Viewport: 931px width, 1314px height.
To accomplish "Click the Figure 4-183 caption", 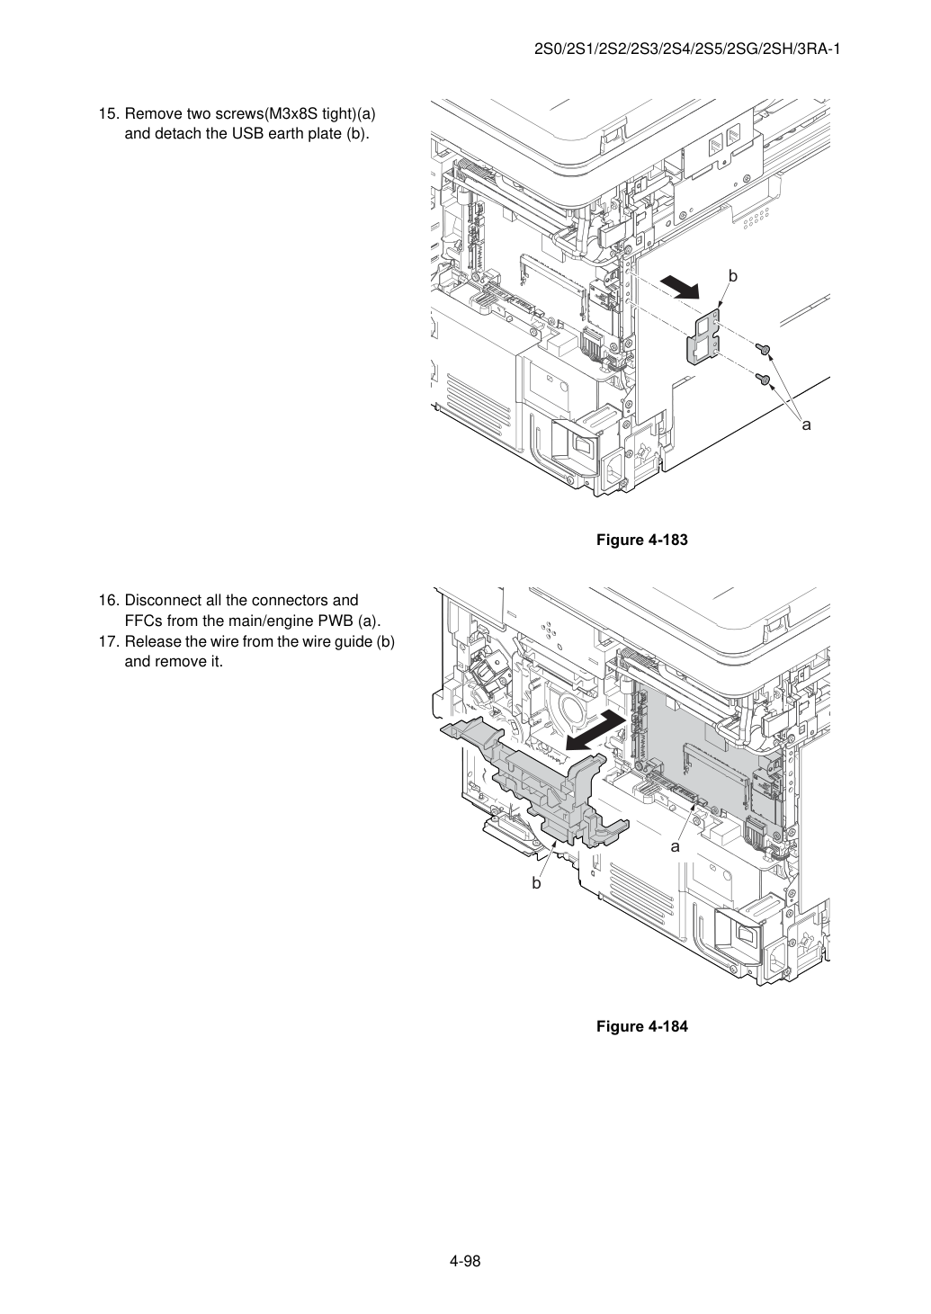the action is click(x=641, y=540).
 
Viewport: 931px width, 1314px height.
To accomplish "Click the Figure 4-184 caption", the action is click(x=641, y=1026).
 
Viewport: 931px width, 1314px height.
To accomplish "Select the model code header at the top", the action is click(x=687, y=49).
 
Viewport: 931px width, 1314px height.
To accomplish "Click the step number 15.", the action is click(x=109, y=114).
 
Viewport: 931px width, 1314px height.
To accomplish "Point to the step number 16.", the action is click(x=109, y=601).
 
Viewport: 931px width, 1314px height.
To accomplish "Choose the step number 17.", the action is click(x=109, y=642).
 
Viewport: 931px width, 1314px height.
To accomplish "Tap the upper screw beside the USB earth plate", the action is click(x=762, y=350).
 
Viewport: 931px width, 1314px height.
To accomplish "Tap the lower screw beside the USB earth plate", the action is click(x=762, y=380).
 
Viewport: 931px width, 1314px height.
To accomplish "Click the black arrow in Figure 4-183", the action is click(x=680, y=288).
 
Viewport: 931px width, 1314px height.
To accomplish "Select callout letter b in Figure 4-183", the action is click(x=733, y=276).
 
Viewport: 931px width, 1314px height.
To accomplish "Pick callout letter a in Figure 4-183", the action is click(x=807, y=425).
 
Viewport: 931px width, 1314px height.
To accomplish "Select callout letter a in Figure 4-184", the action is click(x=676, y=846).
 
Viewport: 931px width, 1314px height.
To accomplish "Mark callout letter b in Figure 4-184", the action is click(x=536, y=883).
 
